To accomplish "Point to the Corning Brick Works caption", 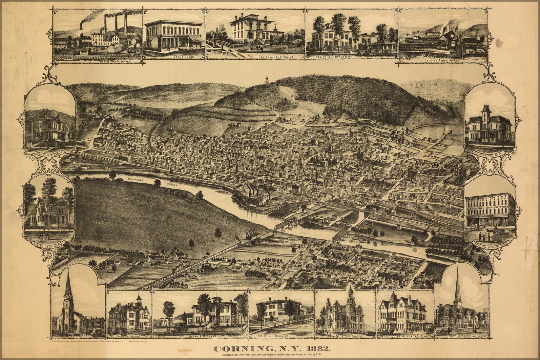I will (442, 61).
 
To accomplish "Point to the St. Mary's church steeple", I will (68, 289).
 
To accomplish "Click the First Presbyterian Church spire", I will (458, 289).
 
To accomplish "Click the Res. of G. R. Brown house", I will (49, 131).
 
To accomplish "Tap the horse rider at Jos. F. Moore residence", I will (43, 234).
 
